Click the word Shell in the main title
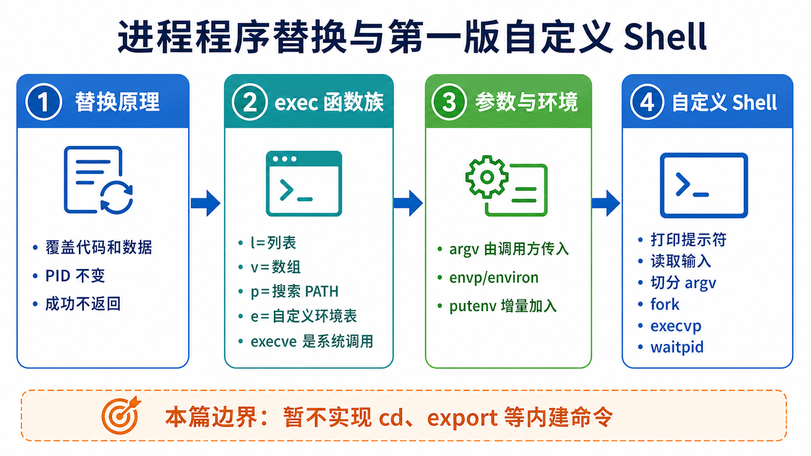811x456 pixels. coord(665,36)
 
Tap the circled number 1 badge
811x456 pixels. coord(44,102)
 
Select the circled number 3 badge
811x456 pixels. coord(449,102)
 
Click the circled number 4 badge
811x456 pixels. coord(647,102)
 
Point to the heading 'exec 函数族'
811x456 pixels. coord(329,102)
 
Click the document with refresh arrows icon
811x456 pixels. coord(98,180)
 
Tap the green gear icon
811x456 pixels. coord(487,177)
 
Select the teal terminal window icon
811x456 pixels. coord(304,183)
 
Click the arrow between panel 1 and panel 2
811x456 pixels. coord(206,203)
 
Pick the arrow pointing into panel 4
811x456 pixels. coord(606,203)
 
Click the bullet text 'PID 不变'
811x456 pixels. coord(75,276)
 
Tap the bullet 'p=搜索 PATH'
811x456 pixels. coord(294,291)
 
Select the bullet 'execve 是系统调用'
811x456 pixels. coord(312,341)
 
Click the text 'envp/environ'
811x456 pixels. coord(494,278)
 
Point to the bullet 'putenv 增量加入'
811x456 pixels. coord(503,306)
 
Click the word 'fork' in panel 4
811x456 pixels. coord(665,304)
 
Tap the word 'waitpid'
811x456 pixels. coord(677,347)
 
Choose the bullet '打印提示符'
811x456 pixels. coord(689,239)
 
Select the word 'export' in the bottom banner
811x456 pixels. coord(462,418)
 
